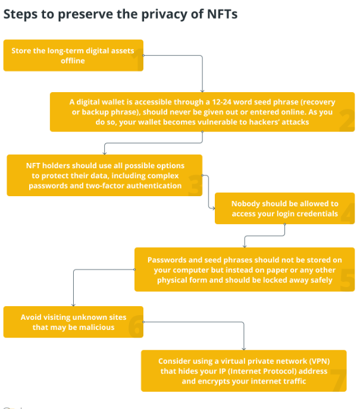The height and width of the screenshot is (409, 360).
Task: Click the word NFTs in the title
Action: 222,14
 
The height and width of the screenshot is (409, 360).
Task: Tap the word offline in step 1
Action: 73,61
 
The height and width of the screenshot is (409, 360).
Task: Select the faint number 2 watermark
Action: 347,120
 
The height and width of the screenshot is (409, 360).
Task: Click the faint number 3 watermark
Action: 195,185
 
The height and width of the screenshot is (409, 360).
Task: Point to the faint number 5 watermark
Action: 348,280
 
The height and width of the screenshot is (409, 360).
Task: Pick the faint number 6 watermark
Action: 136,326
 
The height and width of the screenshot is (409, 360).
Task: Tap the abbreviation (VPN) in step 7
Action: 320,361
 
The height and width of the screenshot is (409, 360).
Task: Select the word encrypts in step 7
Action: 215,381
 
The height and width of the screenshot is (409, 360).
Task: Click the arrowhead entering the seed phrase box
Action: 202,91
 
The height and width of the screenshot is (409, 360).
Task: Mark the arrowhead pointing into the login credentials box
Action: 213,208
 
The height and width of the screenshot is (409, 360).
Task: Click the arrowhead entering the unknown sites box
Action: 73,304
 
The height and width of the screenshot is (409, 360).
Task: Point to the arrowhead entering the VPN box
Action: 244,349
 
